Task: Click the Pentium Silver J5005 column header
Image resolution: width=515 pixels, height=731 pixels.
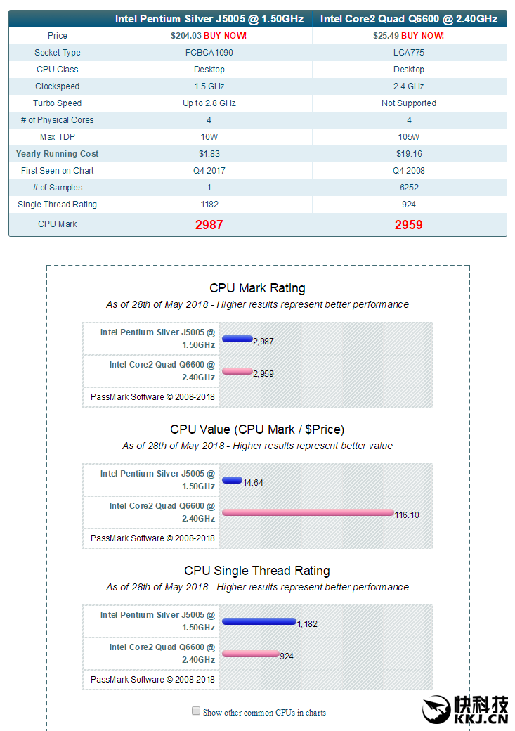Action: [x=209, y=19]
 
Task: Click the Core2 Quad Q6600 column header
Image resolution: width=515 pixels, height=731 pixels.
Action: [x=408, y=19]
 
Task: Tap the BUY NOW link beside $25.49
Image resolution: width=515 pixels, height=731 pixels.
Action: [x=422, y=35]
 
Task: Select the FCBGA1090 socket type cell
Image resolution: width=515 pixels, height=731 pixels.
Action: [x=209, y=53]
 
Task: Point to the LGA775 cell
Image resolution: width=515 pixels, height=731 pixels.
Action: [x=409, y=53]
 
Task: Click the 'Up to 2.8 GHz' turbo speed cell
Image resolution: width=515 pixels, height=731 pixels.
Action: [x=209, y=103]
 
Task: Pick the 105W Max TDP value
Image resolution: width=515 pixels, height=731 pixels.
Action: [x=409, y=137]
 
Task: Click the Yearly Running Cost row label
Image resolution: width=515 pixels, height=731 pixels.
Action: [x=58, y=154]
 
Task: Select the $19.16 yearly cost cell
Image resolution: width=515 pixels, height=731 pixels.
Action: [x=409, y=154]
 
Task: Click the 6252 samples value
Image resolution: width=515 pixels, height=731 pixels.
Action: [x=409, y=188]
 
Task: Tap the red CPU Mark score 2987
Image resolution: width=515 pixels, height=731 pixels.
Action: [x=209, y=225]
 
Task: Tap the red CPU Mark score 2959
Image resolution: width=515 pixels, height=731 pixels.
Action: [x=409, y=225]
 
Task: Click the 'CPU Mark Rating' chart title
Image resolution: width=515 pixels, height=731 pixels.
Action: [x=257, y=288]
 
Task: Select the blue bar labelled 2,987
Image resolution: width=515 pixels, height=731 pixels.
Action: [x=237, y=339]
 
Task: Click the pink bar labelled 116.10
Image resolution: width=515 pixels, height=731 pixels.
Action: [x=307, y=512]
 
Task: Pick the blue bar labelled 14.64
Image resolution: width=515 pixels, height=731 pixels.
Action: [x=232, y=480]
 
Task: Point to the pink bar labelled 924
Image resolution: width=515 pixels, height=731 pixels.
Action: [x=250, y=654]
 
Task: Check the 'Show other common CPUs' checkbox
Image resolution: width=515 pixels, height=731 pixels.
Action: [x=196, y=711]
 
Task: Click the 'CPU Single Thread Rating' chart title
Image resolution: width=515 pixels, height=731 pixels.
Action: [x=257, y=571]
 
